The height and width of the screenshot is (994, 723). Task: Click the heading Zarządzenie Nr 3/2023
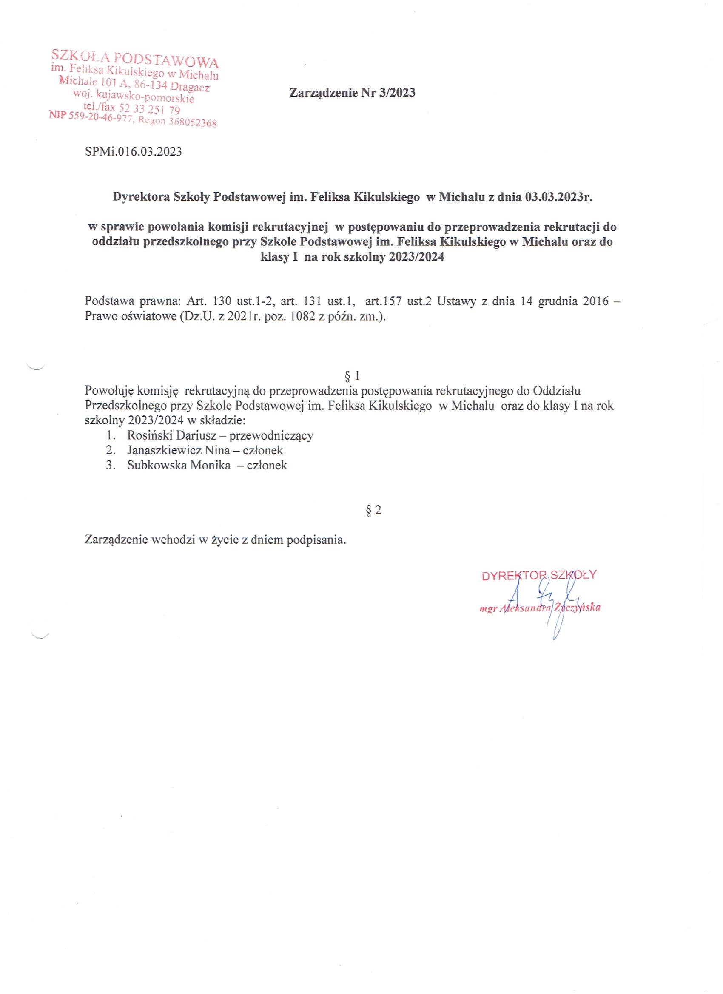point(352,93)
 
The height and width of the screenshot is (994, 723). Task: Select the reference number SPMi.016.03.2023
point(133,152)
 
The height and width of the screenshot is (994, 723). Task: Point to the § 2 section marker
point(373,510)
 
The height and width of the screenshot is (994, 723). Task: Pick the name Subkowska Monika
point(179,465)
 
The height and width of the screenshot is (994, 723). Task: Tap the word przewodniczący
point(271,435)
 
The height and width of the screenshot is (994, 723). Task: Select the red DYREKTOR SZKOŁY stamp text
point(539,575)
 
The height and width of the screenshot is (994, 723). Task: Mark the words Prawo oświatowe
point(129,316)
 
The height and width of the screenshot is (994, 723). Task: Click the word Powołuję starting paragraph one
point(110,390)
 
